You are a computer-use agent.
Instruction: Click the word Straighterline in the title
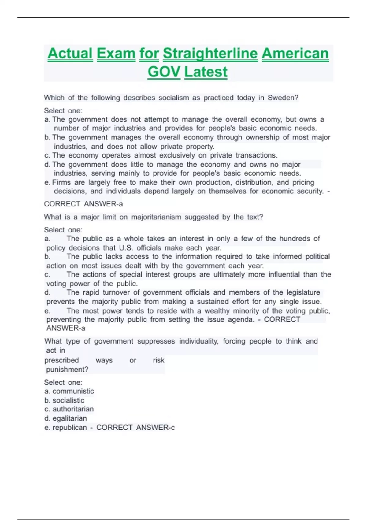(210, 54)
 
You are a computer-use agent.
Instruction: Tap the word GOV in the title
(164, 72)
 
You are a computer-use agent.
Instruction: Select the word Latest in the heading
(206, 72)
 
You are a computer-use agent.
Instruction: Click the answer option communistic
(73, 391)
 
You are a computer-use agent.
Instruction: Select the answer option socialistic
(68, 400)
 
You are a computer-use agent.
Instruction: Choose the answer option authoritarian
(73, 409)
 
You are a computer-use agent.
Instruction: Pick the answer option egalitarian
(69, 418)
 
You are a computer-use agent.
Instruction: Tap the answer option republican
(69, 428)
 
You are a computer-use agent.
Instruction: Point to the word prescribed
(61, 360)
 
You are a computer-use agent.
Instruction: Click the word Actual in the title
(70, 54)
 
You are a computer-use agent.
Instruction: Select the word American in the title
(295, 54)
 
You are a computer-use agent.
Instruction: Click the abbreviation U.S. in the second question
(126, 248)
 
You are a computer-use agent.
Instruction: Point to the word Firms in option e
(61, 183)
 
